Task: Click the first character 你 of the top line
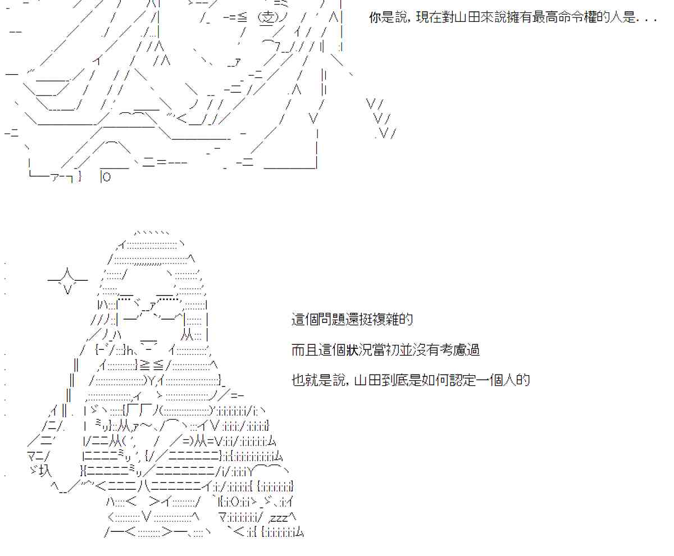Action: coord(375,18)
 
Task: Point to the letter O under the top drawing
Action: coord(107,177)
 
